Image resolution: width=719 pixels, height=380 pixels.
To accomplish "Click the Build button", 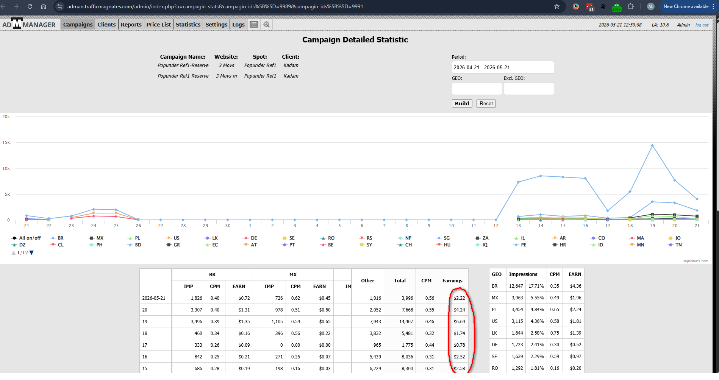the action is [x=462, y=103].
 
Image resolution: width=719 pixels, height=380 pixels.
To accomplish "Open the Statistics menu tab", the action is [x=188, y=25].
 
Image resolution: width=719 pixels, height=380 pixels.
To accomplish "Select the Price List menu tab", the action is [x=158, y=25].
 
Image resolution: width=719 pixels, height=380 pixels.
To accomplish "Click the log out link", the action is [x=702, y=25].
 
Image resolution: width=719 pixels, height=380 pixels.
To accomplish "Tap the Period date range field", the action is [x=503, y=67].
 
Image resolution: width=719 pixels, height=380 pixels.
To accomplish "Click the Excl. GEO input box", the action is [x=528, y=89].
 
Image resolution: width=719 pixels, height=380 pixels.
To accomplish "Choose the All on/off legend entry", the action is [x=26, y=238].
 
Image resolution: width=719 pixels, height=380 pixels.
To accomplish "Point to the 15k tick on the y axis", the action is [x=6, y=143].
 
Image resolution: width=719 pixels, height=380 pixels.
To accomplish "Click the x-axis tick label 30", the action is [x=228, y=226].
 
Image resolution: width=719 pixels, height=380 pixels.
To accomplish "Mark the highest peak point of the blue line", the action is [x=652, y=145].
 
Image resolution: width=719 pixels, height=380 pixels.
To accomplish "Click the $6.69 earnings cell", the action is [x=459, y=322].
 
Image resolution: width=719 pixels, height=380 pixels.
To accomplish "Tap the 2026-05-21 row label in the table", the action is [x=154, y=298].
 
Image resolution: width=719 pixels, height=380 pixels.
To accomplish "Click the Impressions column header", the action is [x=523, y=274].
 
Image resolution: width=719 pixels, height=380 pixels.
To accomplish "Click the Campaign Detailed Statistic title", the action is [x=355, y=40].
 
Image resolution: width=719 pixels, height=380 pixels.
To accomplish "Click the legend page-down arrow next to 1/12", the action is [x=31, y=253].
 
